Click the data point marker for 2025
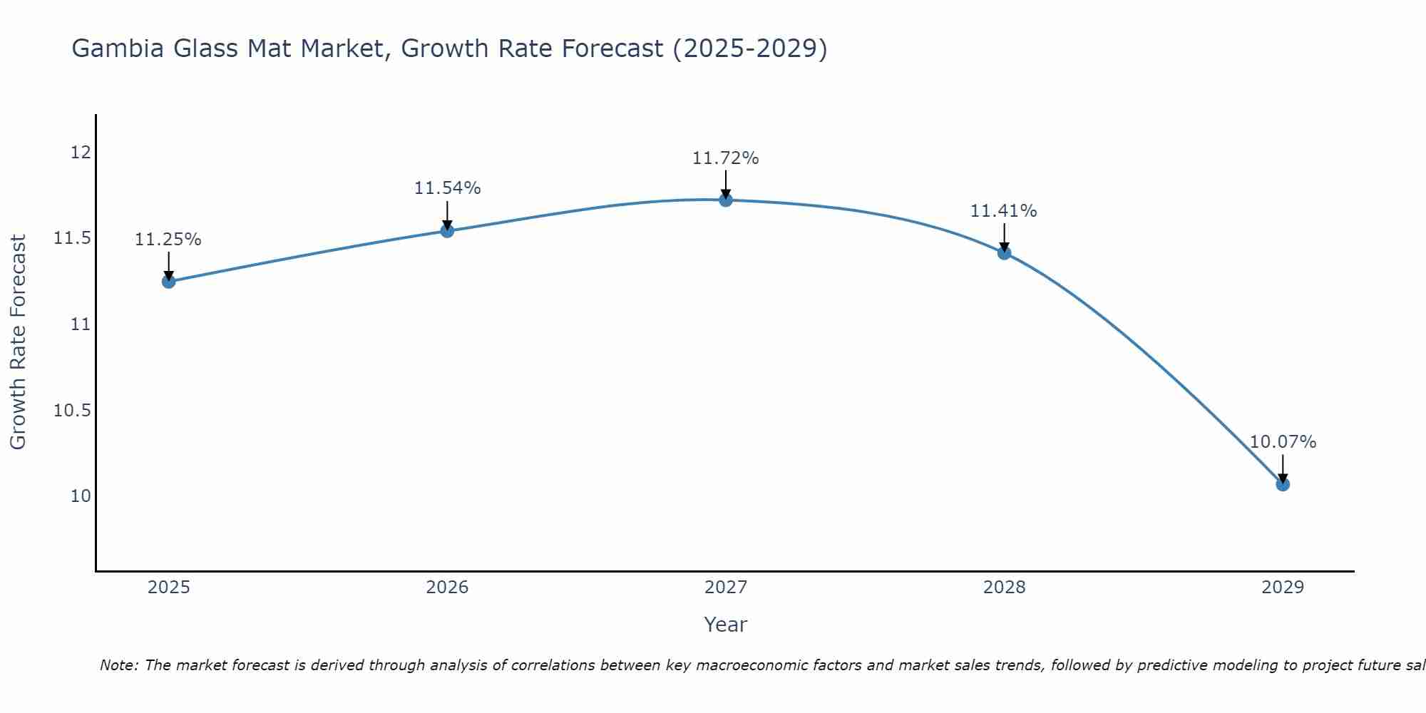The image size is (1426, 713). pos(168,282)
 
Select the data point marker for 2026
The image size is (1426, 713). pos(447,231)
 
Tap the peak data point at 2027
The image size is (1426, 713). pos(726,200)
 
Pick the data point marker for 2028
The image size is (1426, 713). pos(1005,253)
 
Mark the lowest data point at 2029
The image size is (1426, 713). pos(1283,485)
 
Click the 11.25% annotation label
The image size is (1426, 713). pos(168,240)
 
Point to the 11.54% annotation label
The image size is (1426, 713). pos(447,188)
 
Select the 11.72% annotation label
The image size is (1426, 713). pos(726,158)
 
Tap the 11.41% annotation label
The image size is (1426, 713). pos(1004,211)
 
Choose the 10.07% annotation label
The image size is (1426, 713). pos(1283,442)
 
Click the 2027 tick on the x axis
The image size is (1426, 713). pos(726,588)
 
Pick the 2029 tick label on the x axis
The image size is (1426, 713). pos(1283,588)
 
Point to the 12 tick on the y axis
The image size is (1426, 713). pos(81,153)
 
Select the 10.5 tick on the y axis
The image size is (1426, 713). pos(73,411)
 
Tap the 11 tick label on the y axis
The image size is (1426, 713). pos(81,324)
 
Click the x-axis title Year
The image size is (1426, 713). pos(726,625)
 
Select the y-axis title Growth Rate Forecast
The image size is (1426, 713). pos(19,342)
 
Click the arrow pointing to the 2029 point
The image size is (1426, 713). pos(1283,468)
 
